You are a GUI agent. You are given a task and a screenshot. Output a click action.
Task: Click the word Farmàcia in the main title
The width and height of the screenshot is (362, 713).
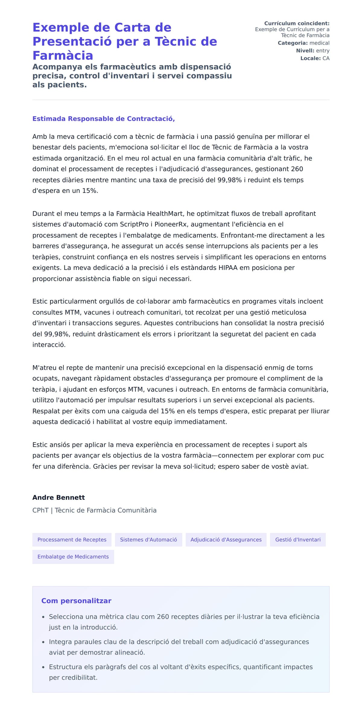tap(63, 55)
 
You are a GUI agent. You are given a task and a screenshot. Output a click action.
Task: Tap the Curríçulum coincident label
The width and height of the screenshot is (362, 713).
tap(297, 23)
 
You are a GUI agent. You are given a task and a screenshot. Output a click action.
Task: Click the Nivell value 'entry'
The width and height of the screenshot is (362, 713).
tap(322, 51)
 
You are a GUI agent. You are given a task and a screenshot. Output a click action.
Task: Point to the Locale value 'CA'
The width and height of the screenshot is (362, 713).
tap(326, 58)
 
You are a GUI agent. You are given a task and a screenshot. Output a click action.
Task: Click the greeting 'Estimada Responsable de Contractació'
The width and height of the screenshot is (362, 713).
tap(103, 118)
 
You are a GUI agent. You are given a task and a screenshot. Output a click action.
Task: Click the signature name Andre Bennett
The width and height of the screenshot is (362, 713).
tap(59, 497)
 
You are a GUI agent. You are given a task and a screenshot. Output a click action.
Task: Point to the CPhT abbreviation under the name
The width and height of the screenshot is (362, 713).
tap(40, 510)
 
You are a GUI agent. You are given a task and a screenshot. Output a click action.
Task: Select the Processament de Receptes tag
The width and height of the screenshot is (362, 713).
tap(72, 539)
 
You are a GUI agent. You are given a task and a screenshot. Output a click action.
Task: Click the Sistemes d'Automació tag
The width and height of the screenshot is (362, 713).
tap(148, 539)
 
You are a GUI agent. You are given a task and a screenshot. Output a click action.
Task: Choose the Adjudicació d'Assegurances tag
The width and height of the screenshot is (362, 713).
tap(226, 539)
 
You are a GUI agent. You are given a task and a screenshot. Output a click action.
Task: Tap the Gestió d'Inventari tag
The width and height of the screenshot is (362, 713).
tap(298, 539)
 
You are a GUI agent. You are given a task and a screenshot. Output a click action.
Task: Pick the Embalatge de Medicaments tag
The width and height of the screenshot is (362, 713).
tap(73, 557)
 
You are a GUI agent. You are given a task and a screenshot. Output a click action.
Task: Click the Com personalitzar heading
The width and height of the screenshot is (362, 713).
tap(76, 601)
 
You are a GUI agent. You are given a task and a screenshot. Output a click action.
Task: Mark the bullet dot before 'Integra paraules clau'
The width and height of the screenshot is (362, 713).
tap(43, 642)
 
